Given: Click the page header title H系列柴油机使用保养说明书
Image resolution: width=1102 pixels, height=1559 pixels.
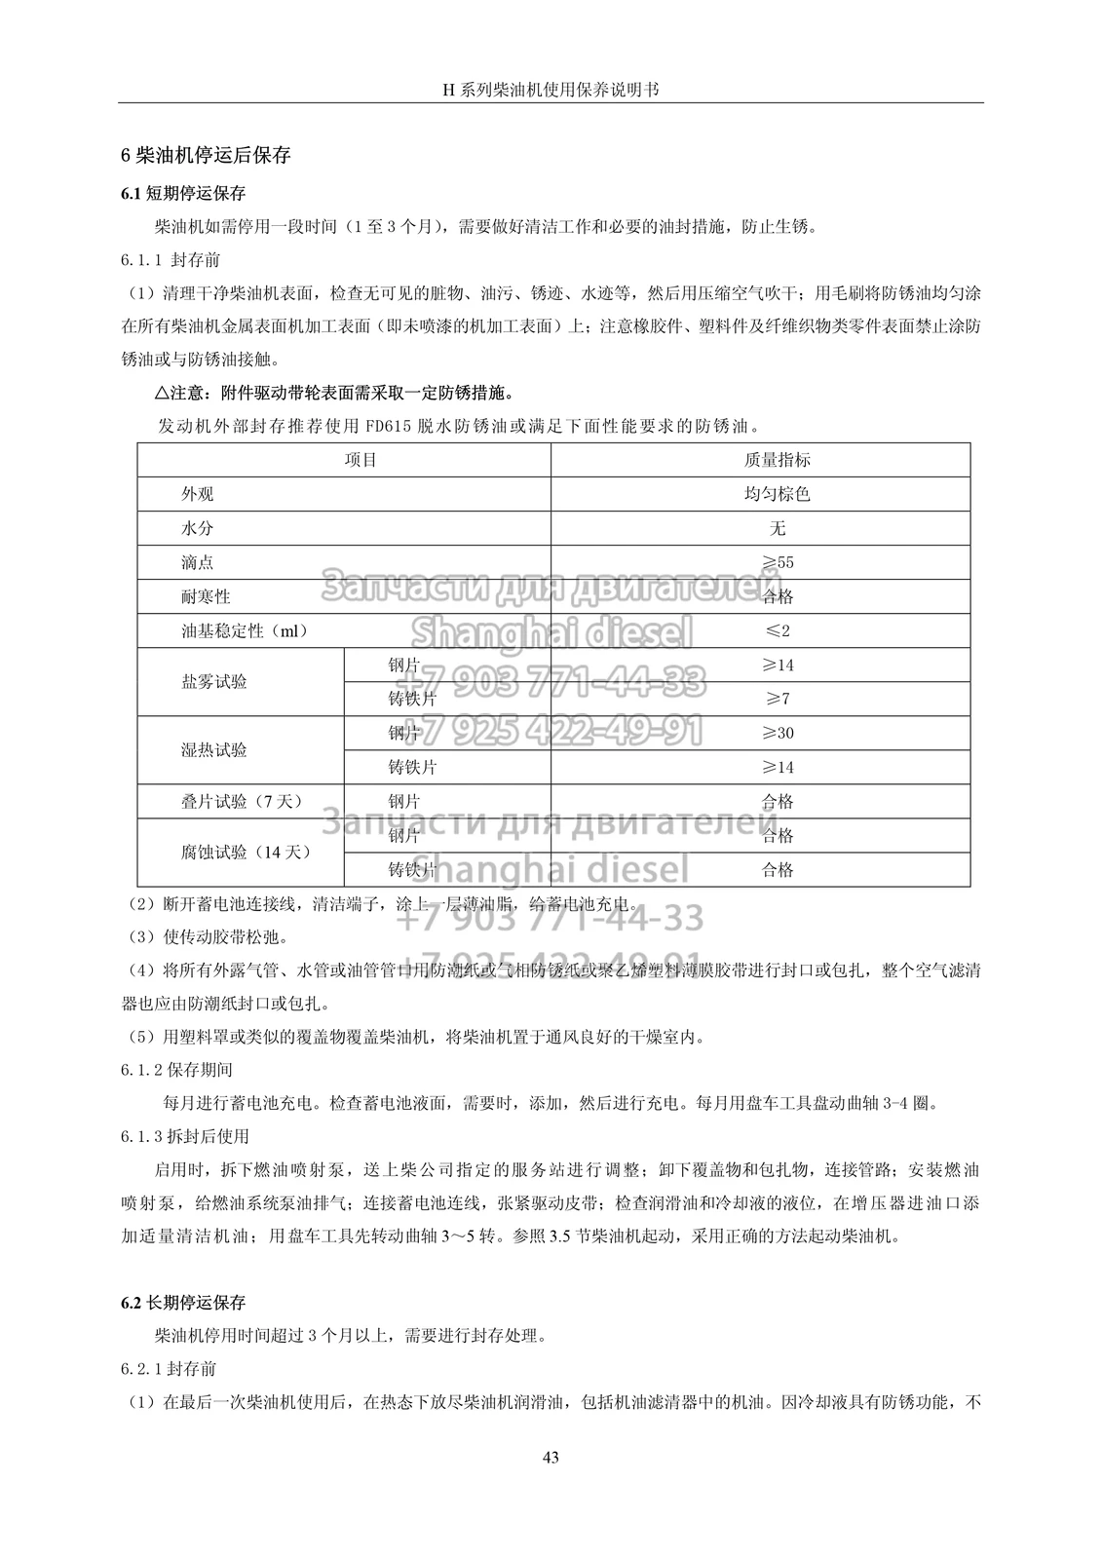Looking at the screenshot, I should pos(551,89).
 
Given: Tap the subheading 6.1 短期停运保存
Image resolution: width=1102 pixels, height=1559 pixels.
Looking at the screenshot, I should pos(183,193).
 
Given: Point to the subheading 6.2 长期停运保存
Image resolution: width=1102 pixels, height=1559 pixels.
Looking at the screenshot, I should pos(183,1302).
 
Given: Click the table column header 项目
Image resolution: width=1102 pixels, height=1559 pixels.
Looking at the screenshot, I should pos(361,460).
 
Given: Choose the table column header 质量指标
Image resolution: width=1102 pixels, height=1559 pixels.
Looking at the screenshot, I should pos(777,460).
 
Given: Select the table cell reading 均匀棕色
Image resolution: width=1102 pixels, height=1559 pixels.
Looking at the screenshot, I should pos(777,494).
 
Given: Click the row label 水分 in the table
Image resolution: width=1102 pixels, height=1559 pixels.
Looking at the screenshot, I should pos(197,528).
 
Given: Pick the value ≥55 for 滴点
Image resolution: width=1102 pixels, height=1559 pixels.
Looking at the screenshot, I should pos(777,562).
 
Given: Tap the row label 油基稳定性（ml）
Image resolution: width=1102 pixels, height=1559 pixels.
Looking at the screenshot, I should pos(245,630).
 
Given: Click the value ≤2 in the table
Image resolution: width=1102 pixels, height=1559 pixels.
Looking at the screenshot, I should pos(777,630).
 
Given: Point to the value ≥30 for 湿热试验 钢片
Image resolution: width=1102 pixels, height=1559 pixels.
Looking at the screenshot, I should pos(777,733).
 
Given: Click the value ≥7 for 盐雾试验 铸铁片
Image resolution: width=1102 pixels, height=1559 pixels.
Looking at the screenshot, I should pos(777,699).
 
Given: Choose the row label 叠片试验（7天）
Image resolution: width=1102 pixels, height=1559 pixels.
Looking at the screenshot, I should pos(242,801).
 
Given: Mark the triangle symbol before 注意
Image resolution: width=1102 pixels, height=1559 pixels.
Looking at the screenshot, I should pos(162,394).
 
